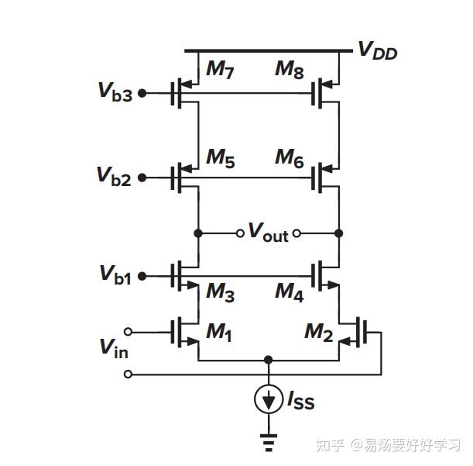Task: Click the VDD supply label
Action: pyautogui.click(x=377, y=50)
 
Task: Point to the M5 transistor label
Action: pyautogui.click(x=220, y=157)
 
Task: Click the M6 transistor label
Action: pyautogui.click(x=290, y=157)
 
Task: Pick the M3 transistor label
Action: pyautogui.click(x=220, y=292)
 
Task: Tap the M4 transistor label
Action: pyautogui.click(x=290, y=292)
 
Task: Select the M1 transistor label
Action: pyautogui.click(x=220, y=333)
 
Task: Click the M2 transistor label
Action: pyautogui.click(x=318, y=333)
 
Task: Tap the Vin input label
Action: pyautogui.click(x=113, y=348)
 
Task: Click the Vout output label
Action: pyautogui.click(x=268, y=232)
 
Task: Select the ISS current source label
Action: pyautogui.click(x=301, y=401)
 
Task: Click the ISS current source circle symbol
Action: pyautogui.click(x=269, y=400)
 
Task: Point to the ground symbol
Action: pyautogui.click(x=269, y=444)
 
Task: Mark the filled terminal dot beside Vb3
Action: pyautogui.click(x=142, y=95)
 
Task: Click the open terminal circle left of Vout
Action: pyautogui.click(x=241, y=233)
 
